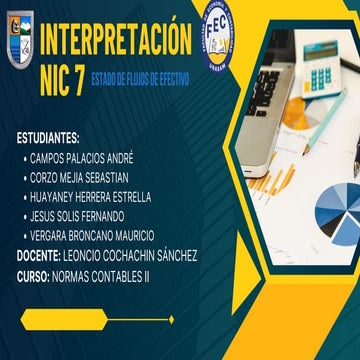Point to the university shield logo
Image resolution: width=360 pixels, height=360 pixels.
21,50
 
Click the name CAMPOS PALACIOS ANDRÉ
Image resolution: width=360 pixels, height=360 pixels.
82,158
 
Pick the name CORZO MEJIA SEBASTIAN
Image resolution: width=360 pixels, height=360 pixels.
84,177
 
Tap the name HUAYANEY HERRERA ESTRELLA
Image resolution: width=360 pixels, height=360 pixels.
91,196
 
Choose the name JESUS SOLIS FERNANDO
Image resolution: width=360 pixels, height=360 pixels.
78,215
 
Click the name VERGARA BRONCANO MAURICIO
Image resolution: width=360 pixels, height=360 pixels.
92,235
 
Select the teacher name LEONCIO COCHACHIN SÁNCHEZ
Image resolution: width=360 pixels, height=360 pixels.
129,255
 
